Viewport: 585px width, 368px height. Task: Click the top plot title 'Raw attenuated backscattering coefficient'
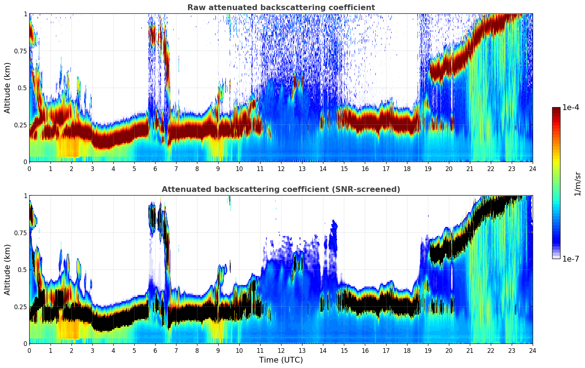click(281, 8)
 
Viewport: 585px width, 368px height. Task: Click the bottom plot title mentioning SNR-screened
click(281, 189)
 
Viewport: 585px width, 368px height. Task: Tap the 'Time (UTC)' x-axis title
click(281, 360)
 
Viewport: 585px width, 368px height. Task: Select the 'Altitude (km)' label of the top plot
click(8, 88)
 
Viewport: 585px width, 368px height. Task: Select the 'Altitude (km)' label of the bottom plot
click(8, 270)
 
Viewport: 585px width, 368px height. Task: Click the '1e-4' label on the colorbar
click(571, 108)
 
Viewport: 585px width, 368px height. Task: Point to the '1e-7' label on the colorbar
click(571, 259)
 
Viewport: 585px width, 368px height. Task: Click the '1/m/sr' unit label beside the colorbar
click(577, 184)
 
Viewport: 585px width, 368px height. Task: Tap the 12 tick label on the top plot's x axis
click(281, 168)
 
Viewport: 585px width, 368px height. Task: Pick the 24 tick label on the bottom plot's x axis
click(532, 350)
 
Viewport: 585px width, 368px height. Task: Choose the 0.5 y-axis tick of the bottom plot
click(22, 270)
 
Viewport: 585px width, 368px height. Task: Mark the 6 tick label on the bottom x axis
click(155, 350)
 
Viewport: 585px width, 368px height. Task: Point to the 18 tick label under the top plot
click(407, 168)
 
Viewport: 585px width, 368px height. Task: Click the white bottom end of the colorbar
click(556, 257)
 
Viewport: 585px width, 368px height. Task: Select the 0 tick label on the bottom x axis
click(29, 350)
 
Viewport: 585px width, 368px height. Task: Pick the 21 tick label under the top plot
click(470, 168)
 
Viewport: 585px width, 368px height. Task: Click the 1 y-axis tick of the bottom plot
click(25, 196)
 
